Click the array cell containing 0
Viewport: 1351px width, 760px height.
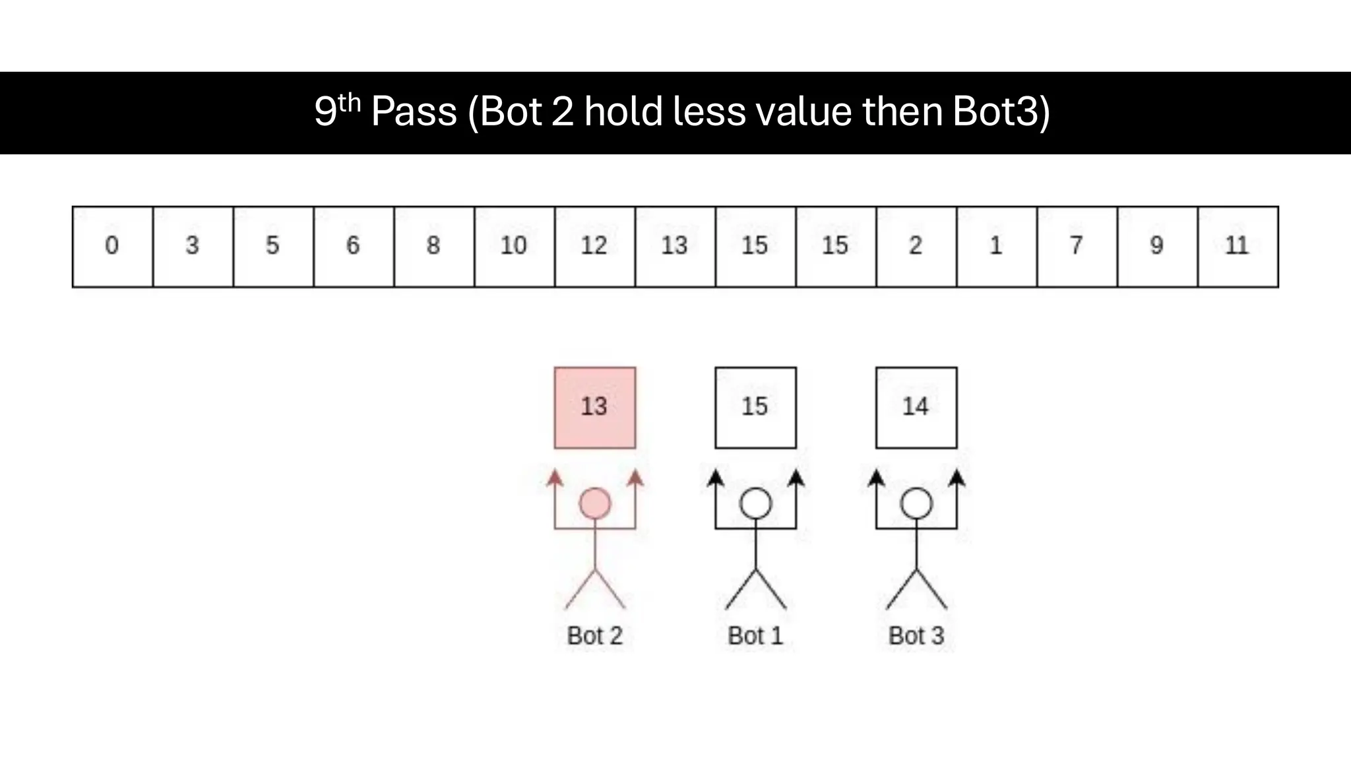click(x=112, y=247)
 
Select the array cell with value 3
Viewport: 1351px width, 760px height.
click(x=193, y=247)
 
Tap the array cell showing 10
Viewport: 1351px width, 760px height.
click(x=514, y=247)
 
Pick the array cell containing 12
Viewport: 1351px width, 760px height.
click(x=594, y=247)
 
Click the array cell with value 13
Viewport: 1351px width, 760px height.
click(x=675, y=247)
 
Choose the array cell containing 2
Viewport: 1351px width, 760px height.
click(x=916, y=247)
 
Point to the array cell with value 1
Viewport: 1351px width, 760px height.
click(x=996, y=247)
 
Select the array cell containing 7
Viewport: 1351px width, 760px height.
click(x=1077, y=247)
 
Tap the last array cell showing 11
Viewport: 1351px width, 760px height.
click(x=1238, y=247)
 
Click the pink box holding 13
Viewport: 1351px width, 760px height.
click(x=595, y=408)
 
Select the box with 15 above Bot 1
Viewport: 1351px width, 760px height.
click(x=755, y=408)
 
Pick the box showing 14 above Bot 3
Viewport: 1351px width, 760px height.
click(x=916, y=408)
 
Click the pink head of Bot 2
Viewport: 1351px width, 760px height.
click(x=595, y=504)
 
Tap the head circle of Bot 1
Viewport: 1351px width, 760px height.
click(x=755, y=504)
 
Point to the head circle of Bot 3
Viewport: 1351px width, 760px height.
click(x=916, y=504)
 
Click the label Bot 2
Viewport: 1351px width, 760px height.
click(x=595, y=636)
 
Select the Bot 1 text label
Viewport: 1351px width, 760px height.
click(x=755, y=636)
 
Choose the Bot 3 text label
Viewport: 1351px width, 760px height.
click(x=916, y=636)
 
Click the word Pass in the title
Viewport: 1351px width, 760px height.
click(x=414, y=111)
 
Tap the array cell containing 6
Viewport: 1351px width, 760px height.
click(x=354, y=247)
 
